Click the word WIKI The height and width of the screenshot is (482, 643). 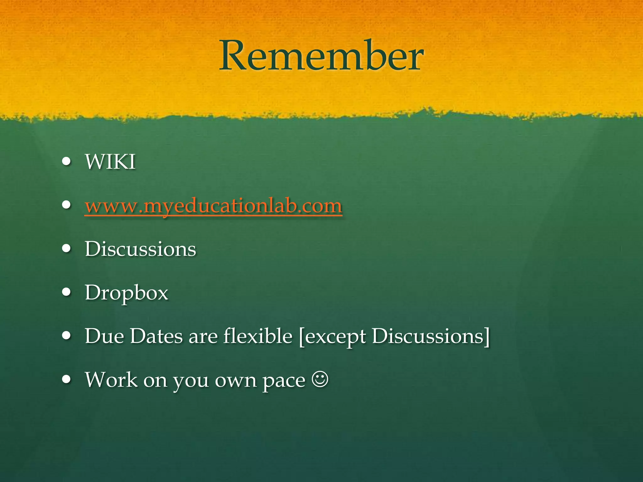click(x=110, y=162)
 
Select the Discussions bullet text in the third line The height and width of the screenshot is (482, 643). click(x=140, y=249)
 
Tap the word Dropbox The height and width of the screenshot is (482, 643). click(x=127, y=293)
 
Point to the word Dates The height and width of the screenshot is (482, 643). click(x=156, y=336)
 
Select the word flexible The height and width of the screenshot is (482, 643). click(x=258, y=336)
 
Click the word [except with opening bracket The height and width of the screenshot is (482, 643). click(x=332, y=337)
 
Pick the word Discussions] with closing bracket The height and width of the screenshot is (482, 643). click(x=431, y=336)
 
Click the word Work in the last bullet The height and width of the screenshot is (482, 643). click(x=111, y=380)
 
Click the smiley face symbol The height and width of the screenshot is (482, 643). click(x=320, y=379)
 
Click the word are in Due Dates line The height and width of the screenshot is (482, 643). click(x=203, y=337)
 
